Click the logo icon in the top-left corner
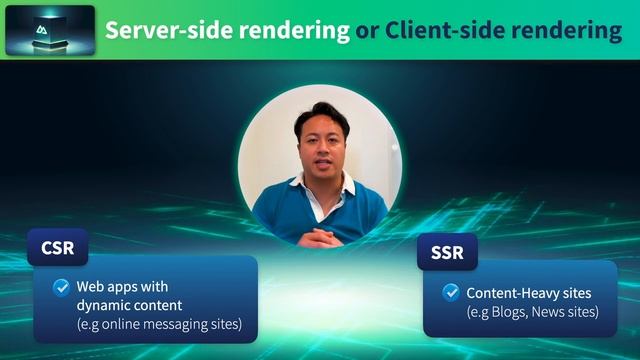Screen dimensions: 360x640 point(50,30)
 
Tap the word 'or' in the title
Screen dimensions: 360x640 point(366,30)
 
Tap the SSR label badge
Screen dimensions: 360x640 point(447,252)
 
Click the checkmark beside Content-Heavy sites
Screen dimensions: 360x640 point(451,294)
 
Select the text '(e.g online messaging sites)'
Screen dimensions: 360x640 point(159,325)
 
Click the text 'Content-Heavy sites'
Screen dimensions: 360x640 point(529,294)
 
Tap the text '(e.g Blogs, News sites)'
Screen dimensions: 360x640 point(532,312)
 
